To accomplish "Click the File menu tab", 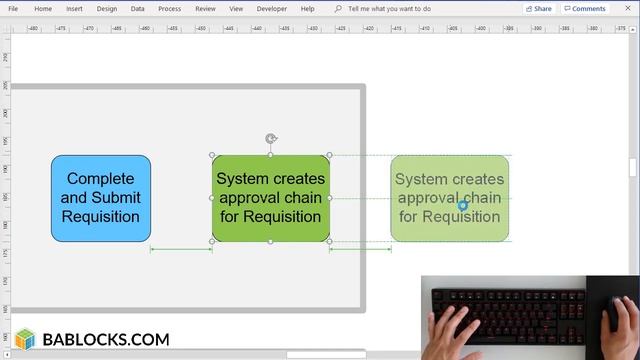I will coord(13,8).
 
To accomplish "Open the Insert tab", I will coord(74,8).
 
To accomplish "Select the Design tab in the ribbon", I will coord(106,8).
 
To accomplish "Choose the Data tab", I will coord(137,8).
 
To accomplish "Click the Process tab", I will coord(169,8).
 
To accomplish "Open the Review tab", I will coord(205,8).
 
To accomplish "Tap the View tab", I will coord(236,8).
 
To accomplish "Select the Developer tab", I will coord(271,8).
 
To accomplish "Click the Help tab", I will coord(307,8).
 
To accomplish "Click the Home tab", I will coord(43,8).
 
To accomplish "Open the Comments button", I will coord(585,8).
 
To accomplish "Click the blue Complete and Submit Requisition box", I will coord(101,198).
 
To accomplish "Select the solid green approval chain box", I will coord(270,198).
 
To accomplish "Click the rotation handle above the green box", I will coord(271,139).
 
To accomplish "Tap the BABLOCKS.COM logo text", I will coord(105,340).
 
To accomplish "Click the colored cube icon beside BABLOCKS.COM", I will coord(25,340).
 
